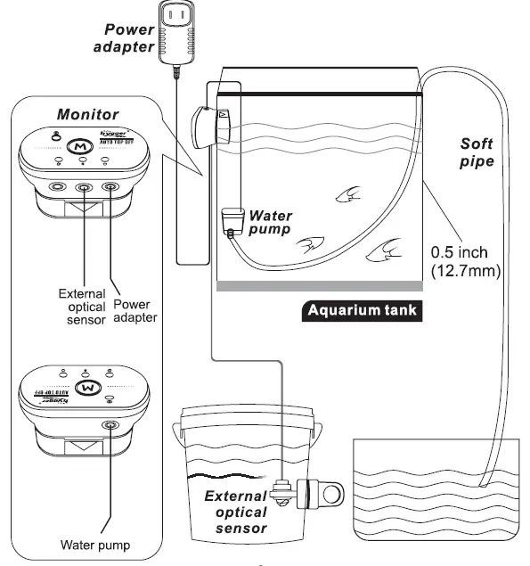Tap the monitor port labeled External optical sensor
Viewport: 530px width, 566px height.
tap(84, 188)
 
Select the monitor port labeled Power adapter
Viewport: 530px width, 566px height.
tap(110, 188)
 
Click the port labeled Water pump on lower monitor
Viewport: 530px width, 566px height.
tap(110, 426)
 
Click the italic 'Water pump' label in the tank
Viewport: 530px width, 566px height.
tap(271, 223)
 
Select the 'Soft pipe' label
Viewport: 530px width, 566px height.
tap(477, 152)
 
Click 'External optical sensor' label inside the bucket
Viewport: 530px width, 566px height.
tap(236, 513)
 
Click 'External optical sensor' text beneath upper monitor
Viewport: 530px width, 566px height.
tap(81, 307)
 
